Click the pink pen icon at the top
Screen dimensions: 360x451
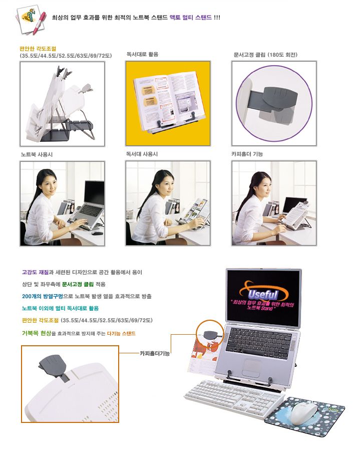coord(40,23)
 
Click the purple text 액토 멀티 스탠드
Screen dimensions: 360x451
coord(191,18)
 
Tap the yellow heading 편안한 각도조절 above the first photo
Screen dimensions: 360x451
coord(38,49)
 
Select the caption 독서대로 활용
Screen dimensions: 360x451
coord(143,54)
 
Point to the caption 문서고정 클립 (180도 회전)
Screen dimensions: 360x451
coord(265,55)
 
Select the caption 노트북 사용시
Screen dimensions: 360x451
coord(37,154)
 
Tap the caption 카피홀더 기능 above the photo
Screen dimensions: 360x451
coord(247,154)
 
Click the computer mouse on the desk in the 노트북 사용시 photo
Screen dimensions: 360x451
coord(97,233)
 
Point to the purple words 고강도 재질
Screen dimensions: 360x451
coord(36,272)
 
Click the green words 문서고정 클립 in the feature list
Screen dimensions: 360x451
coord(78,284)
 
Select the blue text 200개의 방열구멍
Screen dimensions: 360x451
coord(42,296)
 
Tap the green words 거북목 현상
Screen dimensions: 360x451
coord(37,333)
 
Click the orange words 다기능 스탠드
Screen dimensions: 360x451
coord(121,333)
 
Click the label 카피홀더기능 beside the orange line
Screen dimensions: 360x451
coord(155,353)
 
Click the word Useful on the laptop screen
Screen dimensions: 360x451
coord(262,294)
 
